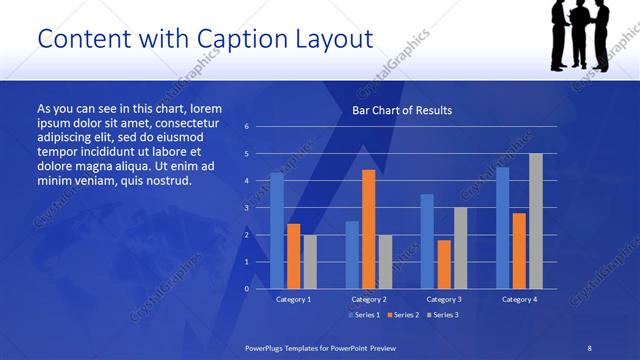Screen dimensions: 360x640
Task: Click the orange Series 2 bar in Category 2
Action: (368, 229)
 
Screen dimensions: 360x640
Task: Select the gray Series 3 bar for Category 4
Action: (535, 221)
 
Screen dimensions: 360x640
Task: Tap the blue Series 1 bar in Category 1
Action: (277, 230)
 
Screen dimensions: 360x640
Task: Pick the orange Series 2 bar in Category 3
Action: (443, 264)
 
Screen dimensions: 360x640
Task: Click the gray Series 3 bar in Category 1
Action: (310, 261)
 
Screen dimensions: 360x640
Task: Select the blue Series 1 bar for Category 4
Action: (502, 227)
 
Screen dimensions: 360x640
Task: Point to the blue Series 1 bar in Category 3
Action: (427, 241)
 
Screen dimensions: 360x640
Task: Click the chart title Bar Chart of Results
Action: (401, 110)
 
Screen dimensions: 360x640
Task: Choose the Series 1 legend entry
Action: (365, 315)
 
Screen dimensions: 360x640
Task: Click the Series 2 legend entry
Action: (402, 315)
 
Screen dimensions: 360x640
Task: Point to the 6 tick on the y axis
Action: (246, 127)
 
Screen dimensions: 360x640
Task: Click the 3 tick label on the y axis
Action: (246, 208)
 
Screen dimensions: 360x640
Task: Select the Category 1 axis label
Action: (294, 299)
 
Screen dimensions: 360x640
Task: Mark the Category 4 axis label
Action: (519, 299)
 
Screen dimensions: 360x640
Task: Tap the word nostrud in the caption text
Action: (165, 181)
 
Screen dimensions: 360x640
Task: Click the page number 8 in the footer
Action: (589, 347)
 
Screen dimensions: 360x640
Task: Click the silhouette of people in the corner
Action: (580, 35)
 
